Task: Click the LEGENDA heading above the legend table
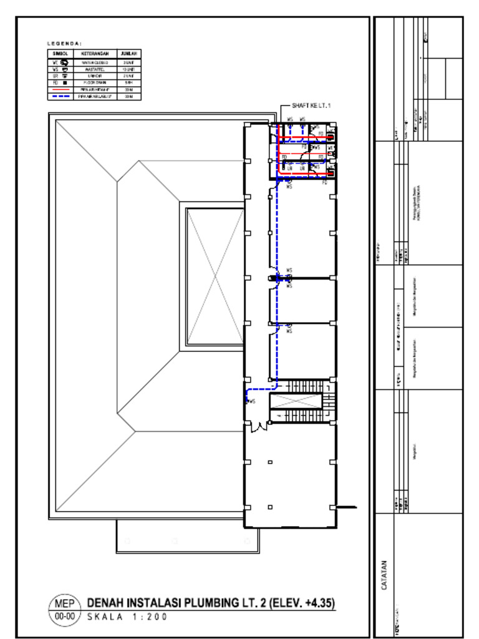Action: [64, 43]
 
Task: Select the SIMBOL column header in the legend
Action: [60, 54]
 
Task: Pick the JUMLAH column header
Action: [129, 54]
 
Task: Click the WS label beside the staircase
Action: [253, 402]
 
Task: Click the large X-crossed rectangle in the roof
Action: [215, 276]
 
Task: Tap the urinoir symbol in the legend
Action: [65, 76]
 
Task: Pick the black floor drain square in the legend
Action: [65, 83]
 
